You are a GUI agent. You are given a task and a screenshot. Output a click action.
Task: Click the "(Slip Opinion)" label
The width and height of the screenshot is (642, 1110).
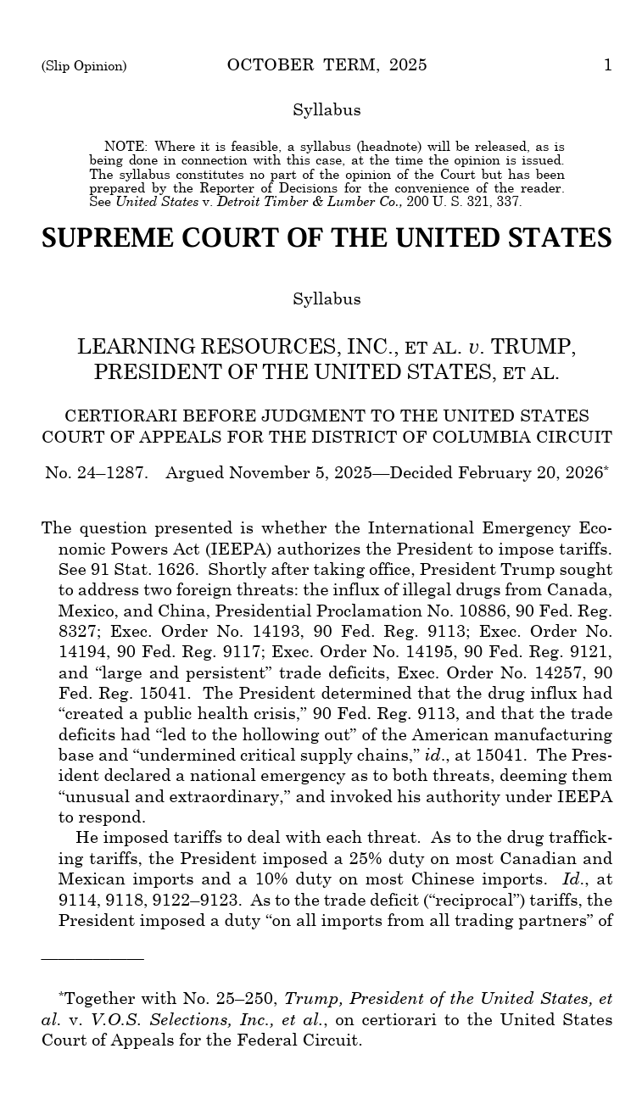click(84, 66)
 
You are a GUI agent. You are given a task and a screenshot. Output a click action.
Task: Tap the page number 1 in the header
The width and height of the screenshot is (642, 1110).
click(607, 65)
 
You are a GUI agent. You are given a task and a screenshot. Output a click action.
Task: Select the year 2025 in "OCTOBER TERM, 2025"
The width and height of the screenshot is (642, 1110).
click(408, 65)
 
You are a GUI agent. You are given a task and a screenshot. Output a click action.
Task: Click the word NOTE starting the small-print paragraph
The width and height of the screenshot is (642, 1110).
click(126, 147)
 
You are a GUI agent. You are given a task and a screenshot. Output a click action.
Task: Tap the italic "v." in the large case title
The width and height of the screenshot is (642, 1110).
click(476, 347)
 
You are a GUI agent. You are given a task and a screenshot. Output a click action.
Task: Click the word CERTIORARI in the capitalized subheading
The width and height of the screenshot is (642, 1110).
click(120, 416)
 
